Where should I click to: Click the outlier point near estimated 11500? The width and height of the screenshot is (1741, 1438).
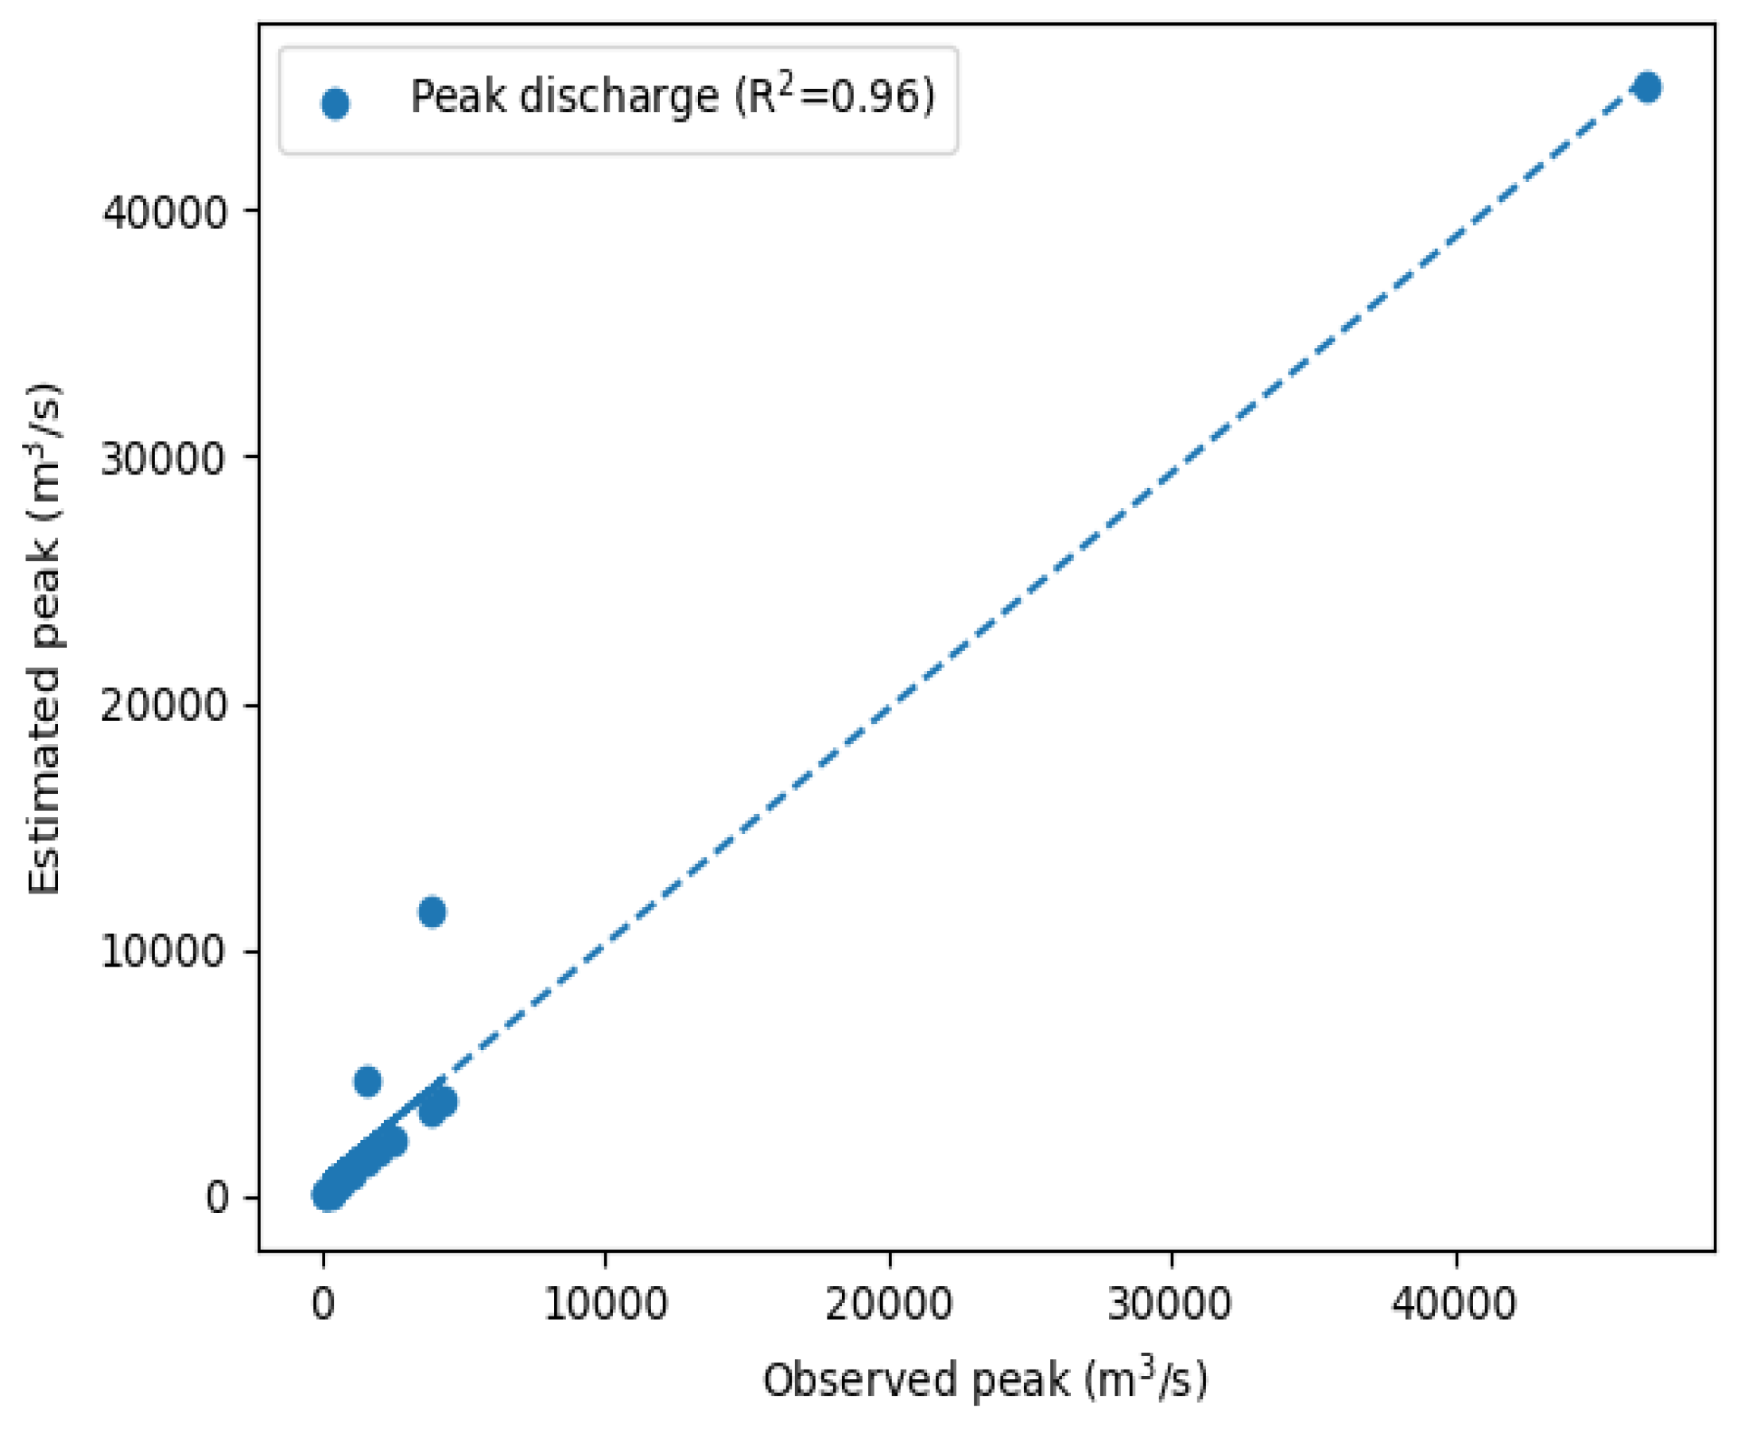tap(432, 912)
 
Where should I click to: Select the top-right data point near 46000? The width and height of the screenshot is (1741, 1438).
tap(1646, 87)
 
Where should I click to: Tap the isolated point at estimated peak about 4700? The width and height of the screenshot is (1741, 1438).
tap(367, 1081)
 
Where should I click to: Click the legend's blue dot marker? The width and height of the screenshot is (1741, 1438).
tap(335, 103)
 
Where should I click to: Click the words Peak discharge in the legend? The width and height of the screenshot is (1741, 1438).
tap(563, 98)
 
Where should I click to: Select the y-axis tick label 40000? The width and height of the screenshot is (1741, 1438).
tap(163, 212)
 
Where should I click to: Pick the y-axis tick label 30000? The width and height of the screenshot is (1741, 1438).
tap(163, 458)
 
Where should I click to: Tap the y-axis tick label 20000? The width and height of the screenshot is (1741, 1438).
tap(163, 705)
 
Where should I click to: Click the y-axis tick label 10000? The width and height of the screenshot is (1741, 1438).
tap(163, 952)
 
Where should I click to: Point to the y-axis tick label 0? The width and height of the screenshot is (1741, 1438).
tap(216, 1198)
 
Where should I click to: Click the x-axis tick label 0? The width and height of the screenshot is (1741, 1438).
tap(323, 1304)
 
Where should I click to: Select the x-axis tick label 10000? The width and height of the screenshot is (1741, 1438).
tap(606, 1304)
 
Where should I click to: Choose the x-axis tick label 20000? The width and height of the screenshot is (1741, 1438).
tap(889, 1304)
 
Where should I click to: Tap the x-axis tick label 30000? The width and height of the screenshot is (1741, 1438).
tap(1171, 1304)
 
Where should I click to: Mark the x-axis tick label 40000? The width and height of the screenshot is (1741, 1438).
tap(1455, 1304)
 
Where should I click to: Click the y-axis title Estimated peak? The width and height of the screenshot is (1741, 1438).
tap(45, 638)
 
